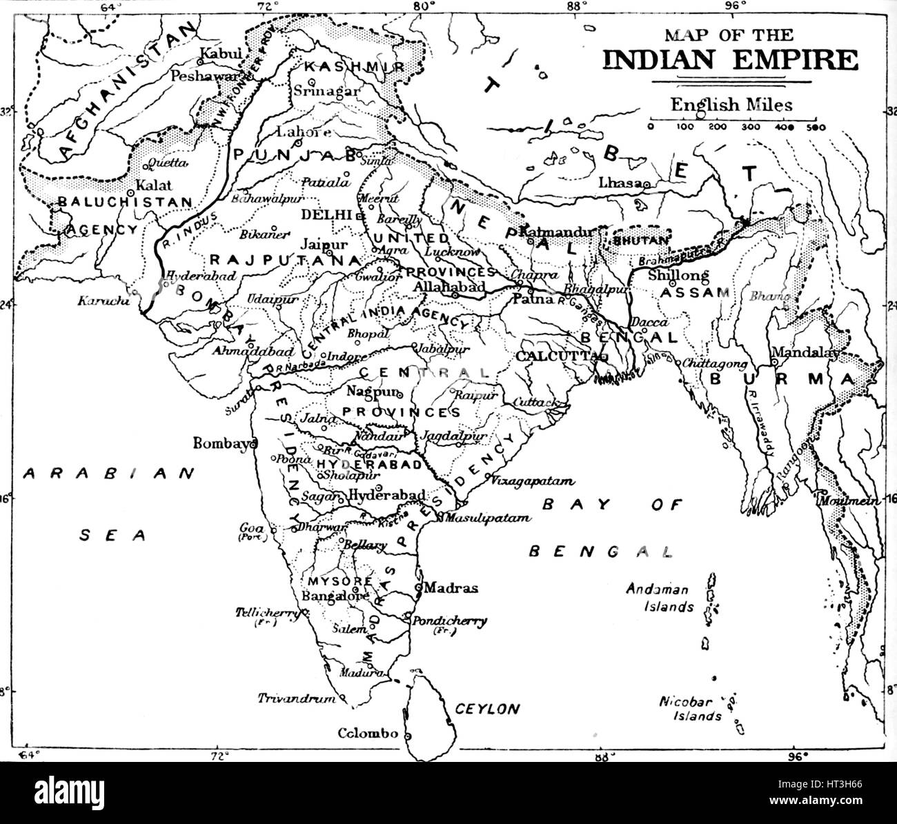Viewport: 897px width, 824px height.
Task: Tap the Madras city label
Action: [451, 588]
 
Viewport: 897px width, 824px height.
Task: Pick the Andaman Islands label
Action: [660, 598]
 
